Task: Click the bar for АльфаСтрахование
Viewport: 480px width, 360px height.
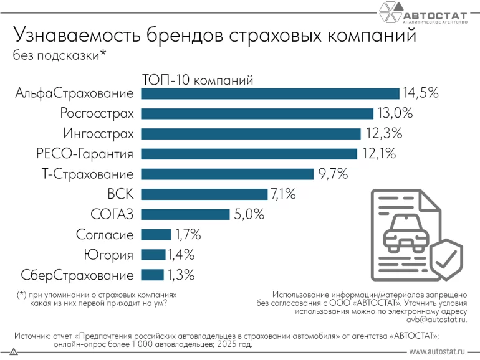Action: [x=270, y=93]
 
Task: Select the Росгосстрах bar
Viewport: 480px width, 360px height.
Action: [x=257, y=113]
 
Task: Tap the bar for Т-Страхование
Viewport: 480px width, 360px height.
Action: [x=228, y=174]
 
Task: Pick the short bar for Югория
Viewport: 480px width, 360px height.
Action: [x=153, y=255]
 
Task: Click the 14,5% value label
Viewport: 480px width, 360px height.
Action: [x=421, y=93]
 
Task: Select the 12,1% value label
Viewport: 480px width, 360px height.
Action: [x=378, y=154]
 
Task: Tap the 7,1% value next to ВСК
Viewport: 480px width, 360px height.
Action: [x=282, y=194]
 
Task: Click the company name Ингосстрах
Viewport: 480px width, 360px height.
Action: [x=98, y=133]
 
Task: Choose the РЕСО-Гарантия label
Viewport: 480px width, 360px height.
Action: [x=85, y=154]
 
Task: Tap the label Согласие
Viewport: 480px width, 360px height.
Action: [x=105, y=235]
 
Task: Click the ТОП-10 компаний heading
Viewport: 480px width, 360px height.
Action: [x=197, y=80]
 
